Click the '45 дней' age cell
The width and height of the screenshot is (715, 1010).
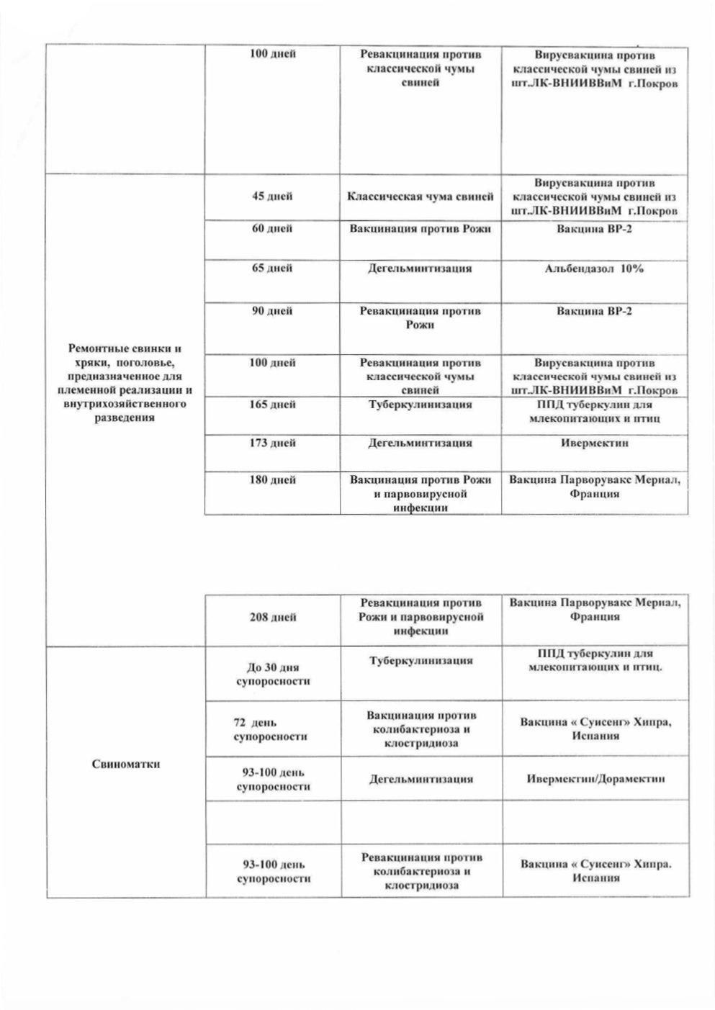coord(271,197)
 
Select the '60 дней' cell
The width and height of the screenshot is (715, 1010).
coord(271,229)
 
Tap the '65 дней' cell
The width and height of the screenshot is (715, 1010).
coord(271,269)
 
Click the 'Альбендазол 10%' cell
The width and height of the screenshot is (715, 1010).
coord(594,269)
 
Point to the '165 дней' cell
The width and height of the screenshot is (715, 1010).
coord(271,405)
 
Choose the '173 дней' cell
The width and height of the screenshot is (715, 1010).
coord(271,443)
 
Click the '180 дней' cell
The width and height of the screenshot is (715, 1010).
coord(271,479)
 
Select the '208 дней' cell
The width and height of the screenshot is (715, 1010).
coord(273,617)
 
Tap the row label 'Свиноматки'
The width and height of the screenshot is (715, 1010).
coord(126,764)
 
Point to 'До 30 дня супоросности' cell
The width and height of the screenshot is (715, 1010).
coord(273,674)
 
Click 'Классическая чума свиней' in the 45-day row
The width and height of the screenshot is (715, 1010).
coord(421,197)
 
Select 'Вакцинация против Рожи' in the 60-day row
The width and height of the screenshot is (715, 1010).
coord(421,229)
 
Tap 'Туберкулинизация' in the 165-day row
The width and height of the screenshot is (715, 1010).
coord(421,405)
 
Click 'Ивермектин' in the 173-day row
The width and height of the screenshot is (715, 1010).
coord(594,443)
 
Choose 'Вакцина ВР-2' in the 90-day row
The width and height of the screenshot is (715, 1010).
coord(594,311)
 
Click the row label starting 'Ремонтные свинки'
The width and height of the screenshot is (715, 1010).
coord(125,383)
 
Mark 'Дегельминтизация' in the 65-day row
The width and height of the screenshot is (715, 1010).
coord(421,269)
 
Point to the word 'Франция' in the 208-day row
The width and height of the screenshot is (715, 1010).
coord(594,617)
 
